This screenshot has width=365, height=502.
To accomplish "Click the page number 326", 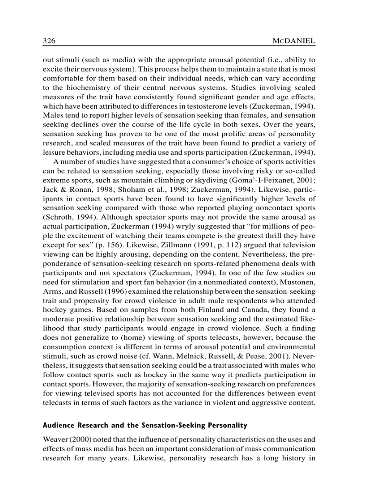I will [49, 41].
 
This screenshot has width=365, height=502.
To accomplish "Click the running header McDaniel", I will [293, 41].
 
